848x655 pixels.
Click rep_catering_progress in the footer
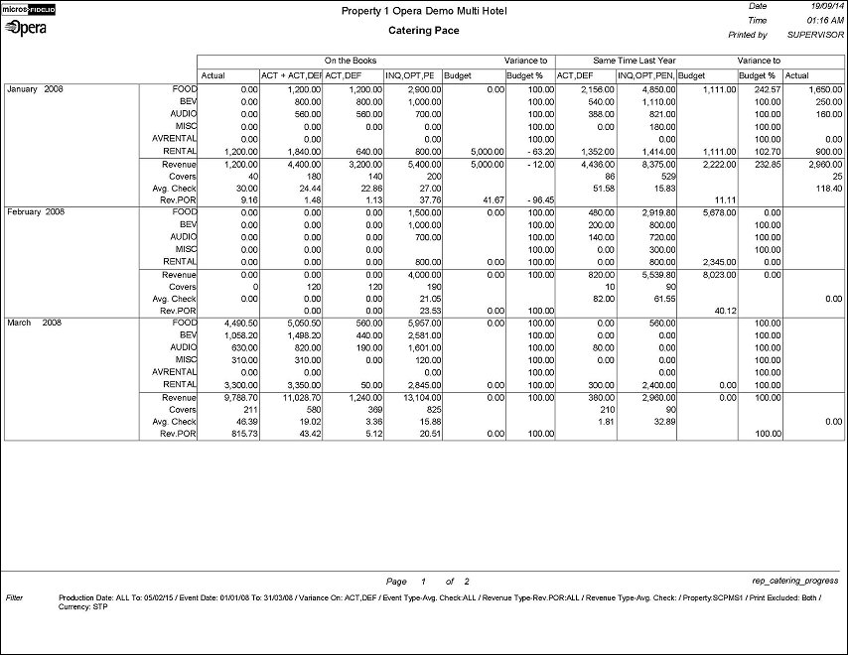[x=795, y=581]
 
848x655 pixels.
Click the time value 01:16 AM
[x=819, y=20]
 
